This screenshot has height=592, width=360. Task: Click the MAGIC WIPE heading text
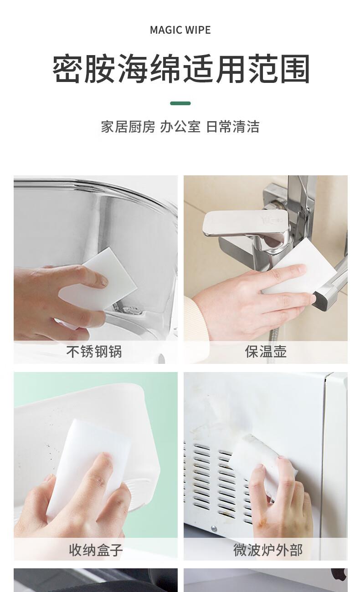point(180,30)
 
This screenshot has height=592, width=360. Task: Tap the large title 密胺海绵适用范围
point(181,69)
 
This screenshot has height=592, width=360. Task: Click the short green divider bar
point(180,103)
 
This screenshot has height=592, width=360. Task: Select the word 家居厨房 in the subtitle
point(128,127)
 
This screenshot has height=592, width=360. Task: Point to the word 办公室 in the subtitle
point(180,127)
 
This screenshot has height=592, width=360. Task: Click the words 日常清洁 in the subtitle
point(232,127)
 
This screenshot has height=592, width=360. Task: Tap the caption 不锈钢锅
point(94,352)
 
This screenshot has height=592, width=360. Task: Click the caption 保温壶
point(266,352)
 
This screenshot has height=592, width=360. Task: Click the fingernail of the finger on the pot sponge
point(103,283)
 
